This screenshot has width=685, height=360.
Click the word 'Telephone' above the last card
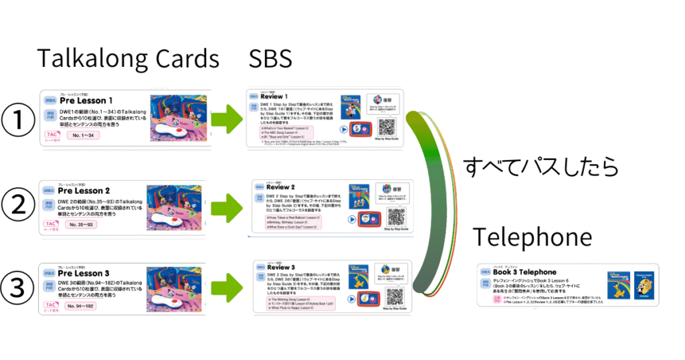pyautogui.click(x=532, y=238)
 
